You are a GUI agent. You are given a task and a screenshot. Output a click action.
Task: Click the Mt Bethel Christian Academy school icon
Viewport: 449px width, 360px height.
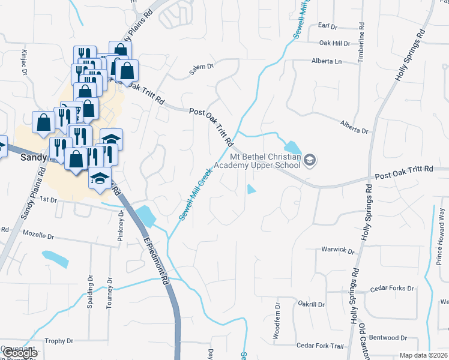(310, 160)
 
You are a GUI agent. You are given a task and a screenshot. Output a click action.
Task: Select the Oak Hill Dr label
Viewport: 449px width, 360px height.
(334, 43)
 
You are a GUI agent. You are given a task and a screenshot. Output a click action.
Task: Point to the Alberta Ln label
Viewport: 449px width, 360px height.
(326, 61)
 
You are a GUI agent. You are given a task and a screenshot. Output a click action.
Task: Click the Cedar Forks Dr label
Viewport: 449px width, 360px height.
(393, 289)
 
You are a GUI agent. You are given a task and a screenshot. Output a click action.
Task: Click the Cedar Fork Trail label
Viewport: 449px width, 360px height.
(320, 346)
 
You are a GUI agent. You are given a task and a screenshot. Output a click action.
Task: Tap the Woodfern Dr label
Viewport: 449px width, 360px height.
(277, 321)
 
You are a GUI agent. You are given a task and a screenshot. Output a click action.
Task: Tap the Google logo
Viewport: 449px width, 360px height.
(20, 353)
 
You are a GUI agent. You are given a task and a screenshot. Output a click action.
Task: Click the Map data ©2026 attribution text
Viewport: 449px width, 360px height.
(424, 355)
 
